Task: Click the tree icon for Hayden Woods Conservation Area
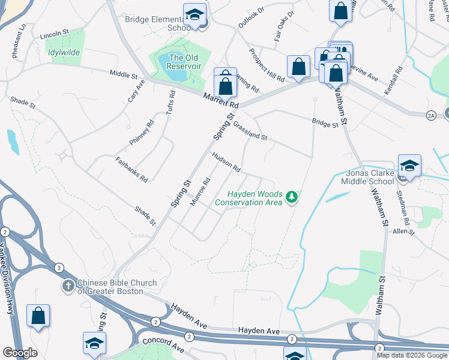point(292,197)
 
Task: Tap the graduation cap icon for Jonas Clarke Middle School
point(409,166)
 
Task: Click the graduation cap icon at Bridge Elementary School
point(194,14)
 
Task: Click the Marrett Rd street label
point(220,100)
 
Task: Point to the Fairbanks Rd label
point(131,170)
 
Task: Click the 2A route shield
point(430,114)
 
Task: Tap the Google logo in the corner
point(20,353)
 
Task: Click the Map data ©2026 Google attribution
point(412,355)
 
